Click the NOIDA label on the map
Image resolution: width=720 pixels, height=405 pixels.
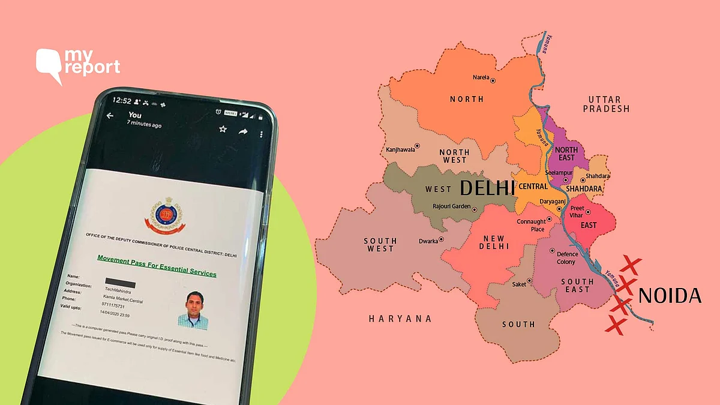[x=670, y=295]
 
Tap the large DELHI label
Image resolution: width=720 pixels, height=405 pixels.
[x=487, y=188]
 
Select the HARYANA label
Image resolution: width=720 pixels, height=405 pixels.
[x=400, y=319]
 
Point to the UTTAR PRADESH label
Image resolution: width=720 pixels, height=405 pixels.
[x=608, y=104]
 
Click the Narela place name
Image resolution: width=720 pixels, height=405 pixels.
[x=481, y=78]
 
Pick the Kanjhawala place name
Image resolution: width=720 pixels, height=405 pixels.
[x=400, y=149]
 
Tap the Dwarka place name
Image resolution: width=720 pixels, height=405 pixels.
[x=428, y=241]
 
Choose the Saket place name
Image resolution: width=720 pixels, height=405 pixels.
[x=518, y=284]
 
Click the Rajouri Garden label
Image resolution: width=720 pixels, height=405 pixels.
[x=451, y=207]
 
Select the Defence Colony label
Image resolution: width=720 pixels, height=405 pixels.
[x=566, y=258]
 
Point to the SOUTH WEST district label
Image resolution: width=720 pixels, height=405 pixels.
[x=380, y=245]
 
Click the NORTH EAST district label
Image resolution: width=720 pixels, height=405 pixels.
[x=566, y=154]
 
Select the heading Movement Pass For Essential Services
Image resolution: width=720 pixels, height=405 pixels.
[x=157, y=266]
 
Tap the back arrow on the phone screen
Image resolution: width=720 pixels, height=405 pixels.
[x=110, y=116]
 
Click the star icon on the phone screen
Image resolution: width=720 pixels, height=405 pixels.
[x=223, y=128]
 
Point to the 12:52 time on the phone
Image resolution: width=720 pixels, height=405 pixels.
[x=122, y=101]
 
